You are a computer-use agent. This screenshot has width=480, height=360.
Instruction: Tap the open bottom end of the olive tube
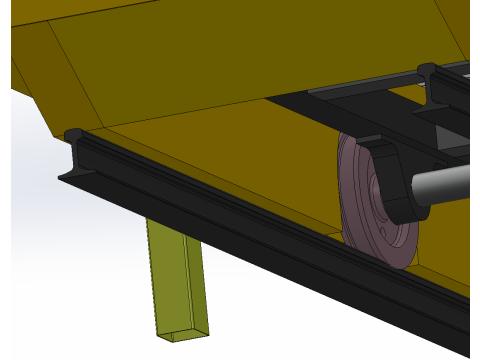point(185,331)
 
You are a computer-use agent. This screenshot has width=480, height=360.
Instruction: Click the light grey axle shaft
point(445,185)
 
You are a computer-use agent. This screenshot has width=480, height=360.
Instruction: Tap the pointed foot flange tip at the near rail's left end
point(62,178)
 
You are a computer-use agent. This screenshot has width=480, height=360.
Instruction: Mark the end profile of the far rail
point(428,74)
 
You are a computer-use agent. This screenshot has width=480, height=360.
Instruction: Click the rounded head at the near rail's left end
point(74,134)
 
